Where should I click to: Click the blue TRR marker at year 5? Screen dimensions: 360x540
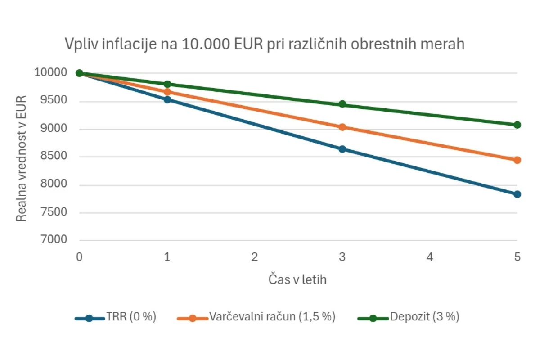point(517,194)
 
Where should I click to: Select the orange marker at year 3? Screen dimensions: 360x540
point(342,127)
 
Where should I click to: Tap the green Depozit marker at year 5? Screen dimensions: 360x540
point(517,125)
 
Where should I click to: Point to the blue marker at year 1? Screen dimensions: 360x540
point(167,99)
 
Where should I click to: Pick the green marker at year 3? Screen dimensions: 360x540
point(342,104)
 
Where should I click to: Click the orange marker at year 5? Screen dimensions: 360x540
point(517,160)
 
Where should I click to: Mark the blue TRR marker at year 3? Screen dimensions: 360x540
point(342,149)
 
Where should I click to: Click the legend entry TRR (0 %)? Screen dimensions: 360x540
point(131,317)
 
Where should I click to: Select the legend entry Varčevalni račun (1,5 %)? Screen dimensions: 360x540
point(272,317)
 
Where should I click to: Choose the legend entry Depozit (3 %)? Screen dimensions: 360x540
point(424,317)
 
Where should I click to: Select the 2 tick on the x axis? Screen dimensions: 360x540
point(255,257)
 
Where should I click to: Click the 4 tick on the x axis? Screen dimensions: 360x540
point(430,257)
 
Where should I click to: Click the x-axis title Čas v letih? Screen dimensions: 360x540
point(297,279)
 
